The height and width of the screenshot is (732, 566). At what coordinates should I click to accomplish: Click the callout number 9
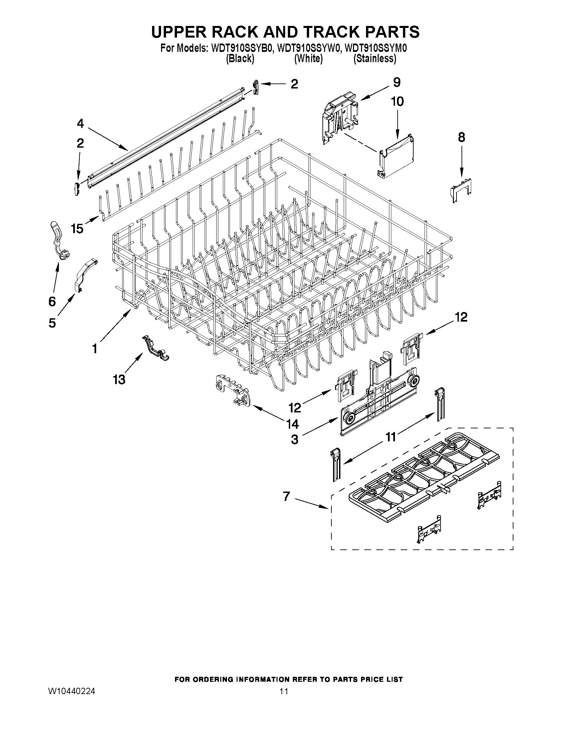[397, 82]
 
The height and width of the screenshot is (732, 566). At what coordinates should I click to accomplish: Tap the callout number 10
[397, 101]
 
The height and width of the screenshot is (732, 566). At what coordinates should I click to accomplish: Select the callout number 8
[462, 137]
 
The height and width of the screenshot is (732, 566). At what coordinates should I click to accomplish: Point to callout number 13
[119, 379]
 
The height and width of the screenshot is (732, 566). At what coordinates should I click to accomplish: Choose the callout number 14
[292, 424]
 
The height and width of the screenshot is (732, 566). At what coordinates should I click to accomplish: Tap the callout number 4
[80, 124]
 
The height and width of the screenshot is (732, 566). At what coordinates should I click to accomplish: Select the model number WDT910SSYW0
[308, 49]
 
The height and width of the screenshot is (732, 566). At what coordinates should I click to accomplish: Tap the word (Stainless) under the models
[375, 59]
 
